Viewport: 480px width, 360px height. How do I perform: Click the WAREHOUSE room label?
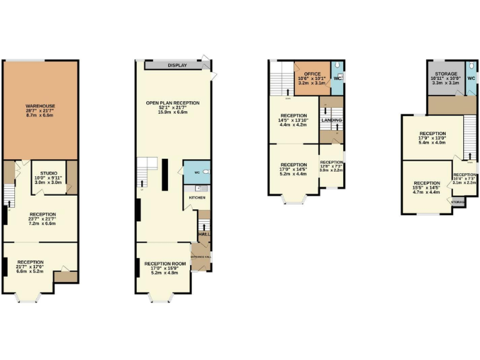[41, 107]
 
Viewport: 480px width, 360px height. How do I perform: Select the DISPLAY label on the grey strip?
[177, 65]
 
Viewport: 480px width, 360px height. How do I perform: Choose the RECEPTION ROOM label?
[166, 264]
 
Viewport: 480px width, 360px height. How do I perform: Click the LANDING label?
[331, 120]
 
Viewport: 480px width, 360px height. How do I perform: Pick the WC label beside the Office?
[337, 78]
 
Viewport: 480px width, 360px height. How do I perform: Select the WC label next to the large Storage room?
[472, 78]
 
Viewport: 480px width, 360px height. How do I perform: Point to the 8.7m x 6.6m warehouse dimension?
[41, 116]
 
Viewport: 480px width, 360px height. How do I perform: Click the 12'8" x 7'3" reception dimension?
[332, 166]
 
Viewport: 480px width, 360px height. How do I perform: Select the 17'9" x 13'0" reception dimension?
[432, 138]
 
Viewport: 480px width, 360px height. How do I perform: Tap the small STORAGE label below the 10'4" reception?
[458, 202]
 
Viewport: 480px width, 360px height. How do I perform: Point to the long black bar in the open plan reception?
[164, 174]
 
